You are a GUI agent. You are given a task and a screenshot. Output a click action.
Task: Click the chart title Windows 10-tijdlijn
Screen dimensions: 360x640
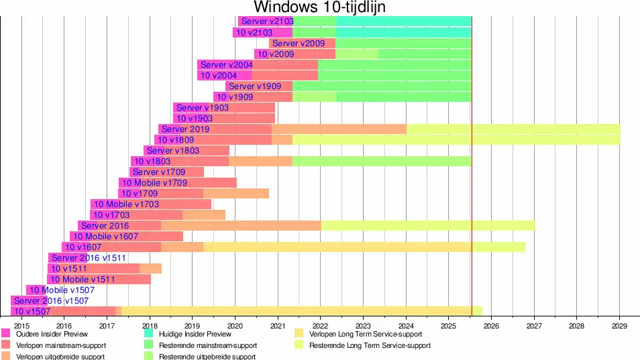319,7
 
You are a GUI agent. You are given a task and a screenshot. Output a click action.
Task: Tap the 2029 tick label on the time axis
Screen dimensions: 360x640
619,326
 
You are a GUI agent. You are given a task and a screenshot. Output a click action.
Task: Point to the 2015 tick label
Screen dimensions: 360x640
21,326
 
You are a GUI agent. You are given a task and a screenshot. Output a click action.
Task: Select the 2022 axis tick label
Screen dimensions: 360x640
320,326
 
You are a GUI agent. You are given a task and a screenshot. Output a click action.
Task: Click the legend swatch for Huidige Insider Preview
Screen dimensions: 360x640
150,333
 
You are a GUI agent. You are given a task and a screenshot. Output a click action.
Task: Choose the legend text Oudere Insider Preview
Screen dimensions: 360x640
52,334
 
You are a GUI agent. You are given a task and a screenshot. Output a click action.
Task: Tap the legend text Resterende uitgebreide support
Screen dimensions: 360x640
207,357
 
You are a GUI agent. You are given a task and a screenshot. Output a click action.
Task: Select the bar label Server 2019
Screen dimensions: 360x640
186,129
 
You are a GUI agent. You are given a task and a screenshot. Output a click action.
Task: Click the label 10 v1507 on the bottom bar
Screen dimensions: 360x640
32,312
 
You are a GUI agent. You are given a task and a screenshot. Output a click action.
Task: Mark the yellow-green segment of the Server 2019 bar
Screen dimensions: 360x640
513,129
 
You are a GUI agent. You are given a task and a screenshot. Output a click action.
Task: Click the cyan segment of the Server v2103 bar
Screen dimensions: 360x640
403,21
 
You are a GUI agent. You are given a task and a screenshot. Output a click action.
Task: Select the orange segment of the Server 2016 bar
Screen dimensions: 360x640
241,226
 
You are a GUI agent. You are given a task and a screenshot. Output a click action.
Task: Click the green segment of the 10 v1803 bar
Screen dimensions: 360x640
382,162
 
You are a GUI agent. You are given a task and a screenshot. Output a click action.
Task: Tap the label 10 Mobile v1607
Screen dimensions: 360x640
106,237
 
